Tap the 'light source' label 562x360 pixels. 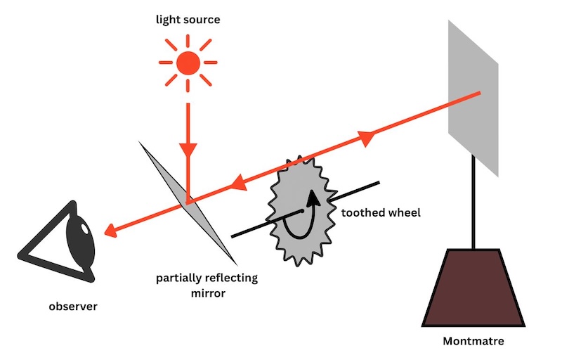point(188,20)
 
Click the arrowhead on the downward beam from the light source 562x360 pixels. point(188,150)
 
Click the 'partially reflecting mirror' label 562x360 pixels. point(207,285)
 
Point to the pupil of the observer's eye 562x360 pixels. point(82,229)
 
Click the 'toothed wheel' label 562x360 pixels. point(380,212)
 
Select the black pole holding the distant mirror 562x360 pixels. point(476,204)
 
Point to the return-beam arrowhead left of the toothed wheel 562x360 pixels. point(239,184)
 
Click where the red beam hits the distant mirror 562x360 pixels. point(479,93)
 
